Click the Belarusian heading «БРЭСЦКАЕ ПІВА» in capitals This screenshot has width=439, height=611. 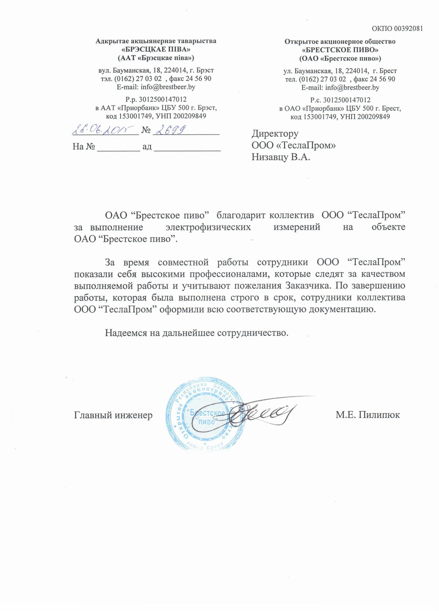(156, 49)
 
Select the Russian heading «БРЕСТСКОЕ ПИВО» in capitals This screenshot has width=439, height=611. (340, 50)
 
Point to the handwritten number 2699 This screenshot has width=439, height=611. (170, 129)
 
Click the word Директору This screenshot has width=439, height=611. (275, 134)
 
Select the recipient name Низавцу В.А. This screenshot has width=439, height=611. (281, 157)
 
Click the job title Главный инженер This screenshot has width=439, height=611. (113, 415)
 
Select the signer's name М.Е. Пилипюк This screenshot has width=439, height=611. (368, 415)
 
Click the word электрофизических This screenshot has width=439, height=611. (208, 227)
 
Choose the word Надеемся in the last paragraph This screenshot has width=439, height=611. (126, 333)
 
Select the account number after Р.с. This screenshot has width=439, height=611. (347, 100)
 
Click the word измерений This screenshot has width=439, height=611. (297, 227)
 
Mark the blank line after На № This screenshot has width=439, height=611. (119, 147)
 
